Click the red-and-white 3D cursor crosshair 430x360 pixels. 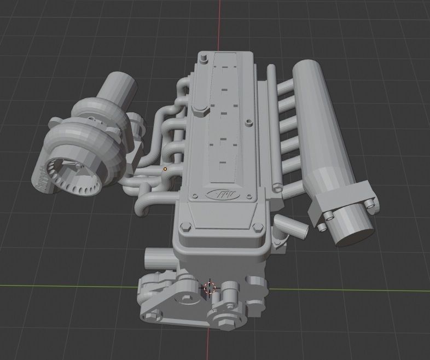click(211, 288)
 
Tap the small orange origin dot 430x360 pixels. click(165, 169)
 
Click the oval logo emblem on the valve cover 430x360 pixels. click(218, 194)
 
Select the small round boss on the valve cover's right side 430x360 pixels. click(249, 122)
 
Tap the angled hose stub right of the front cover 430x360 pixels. click(284, 224)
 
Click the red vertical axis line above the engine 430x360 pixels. click(220, 22)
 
